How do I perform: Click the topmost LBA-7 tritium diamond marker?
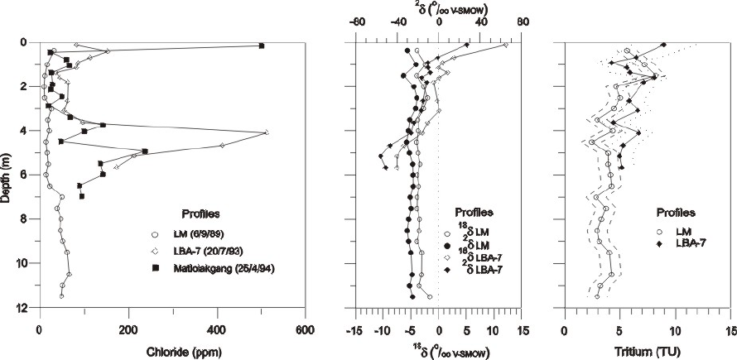pos(663,46)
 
